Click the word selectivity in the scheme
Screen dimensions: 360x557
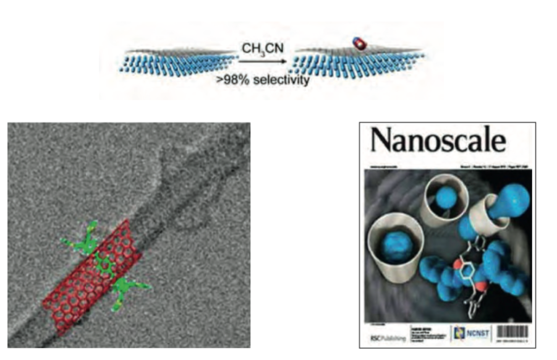point(282,78)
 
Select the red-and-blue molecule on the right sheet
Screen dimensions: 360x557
point(357,42)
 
